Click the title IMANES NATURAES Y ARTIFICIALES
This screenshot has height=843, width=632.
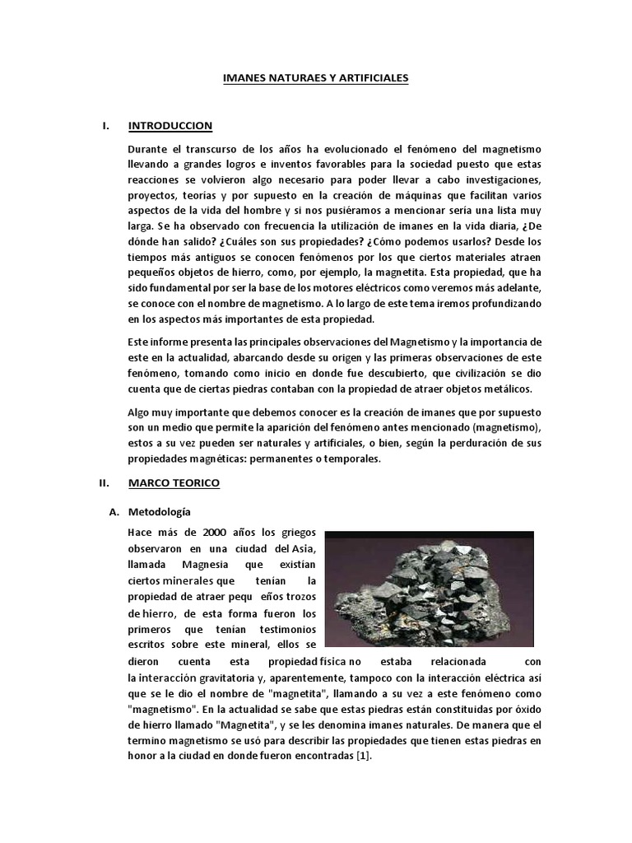[x=316, y=78]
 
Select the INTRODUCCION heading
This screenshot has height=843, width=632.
[x=170, y=126]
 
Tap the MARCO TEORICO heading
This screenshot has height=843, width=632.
[x=174, y=483]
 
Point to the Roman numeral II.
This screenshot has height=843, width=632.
[x=105, y=483]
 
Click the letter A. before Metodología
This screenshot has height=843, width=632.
[x=115, y=512]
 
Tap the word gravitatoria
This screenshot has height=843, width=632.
[x=230, y=678]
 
